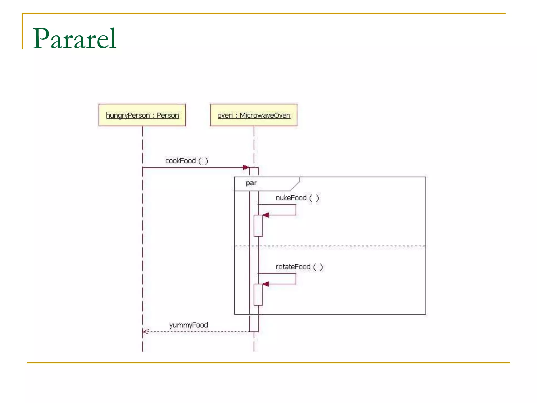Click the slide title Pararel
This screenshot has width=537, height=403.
pos(74,38)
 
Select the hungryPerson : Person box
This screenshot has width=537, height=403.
pos(142,115)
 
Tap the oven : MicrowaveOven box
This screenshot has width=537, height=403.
pos(254,115)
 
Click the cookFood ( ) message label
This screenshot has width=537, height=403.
pos(186,161)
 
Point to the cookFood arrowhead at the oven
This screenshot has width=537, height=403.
pos(246,167)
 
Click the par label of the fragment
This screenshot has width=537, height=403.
pos(251,183)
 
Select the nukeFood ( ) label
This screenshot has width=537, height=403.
pos(297,198)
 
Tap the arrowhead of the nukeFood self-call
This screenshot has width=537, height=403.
pos(266,215)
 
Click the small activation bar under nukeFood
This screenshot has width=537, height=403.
pos(258,226)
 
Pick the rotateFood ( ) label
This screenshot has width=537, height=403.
pos(299,267)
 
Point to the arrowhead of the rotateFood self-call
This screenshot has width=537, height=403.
pos(266,284)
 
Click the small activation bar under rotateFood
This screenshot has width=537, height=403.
pos(258,295)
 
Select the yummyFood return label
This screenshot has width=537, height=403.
pos(189,325)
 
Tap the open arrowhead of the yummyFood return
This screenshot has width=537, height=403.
pos(145,332)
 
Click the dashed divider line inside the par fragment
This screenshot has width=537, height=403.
pos(341,246)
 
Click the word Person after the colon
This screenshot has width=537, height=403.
pos(168,115)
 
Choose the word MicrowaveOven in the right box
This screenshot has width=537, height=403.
pos(265,115)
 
